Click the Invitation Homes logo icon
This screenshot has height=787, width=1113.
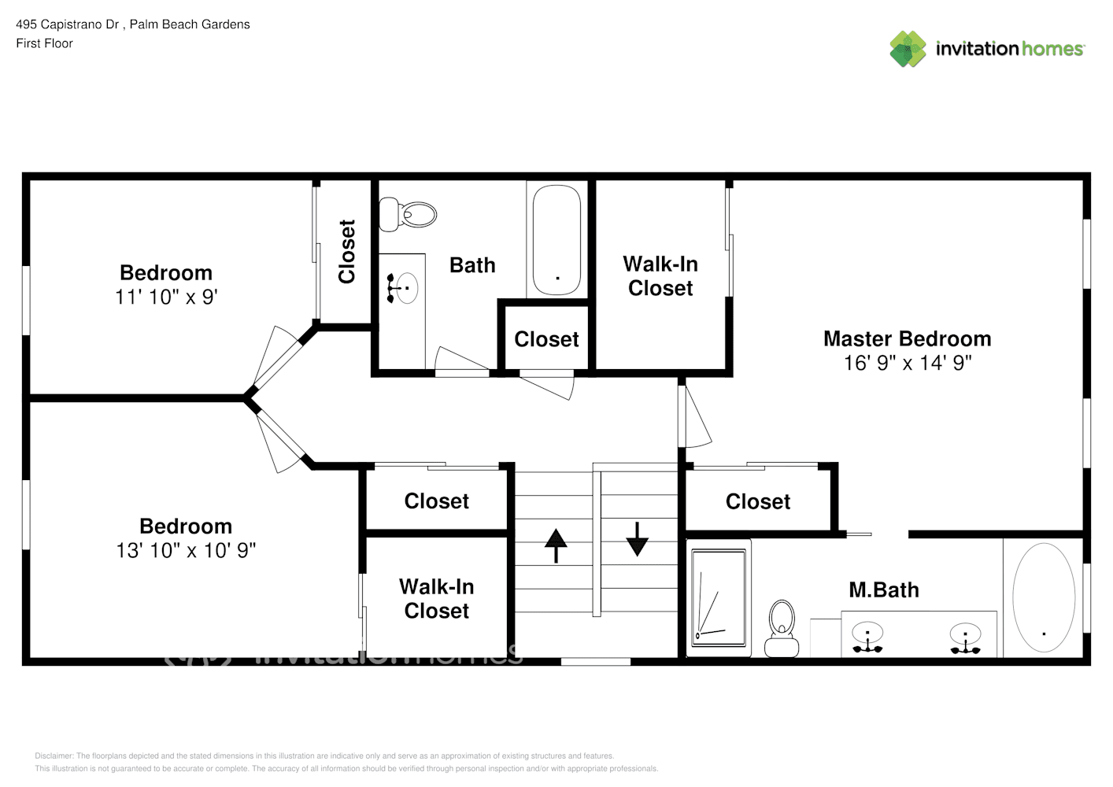pyautogui.click(x=908, y=49)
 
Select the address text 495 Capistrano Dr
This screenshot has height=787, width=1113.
pyautogui.click(x=68, y=24)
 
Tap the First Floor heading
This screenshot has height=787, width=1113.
pyautogui.click(x=44, y=43)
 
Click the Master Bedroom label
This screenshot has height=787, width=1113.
pyautogui.click(x=907, y=338)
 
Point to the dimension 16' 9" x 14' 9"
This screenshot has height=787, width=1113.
pyautogui.click(x=907, y=363)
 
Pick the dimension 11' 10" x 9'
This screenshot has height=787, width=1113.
pyautogui.click(x=166, y=297)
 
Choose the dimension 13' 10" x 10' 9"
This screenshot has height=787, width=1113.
pyautogui.click(x=186, y=550)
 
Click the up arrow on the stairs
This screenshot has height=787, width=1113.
pyautogui.click(x=556, y=545)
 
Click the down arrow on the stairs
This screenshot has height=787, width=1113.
pyautogui.click(x=637, y=539)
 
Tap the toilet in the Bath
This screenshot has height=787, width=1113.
pyautogui.click(x=408, y=214)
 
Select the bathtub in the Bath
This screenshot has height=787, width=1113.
pyautogui.click(x=556, y=239)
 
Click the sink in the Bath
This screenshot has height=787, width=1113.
pyautogui.click(x=403, y=288)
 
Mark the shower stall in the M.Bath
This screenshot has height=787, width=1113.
pyautogui.click(x=718, y=597)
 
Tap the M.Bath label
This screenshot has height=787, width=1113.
pyautogui.click(x=883, y=589)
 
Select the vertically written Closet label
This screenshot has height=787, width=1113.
pyautogui.click(x=346, y=251)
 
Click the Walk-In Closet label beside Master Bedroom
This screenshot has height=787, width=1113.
pyautogui.click(x=660, y=276)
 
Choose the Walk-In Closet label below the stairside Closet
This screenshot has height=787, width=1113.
pyautogui.click(x=436, y=599)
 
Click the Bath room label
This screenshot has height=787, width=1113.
pyautogui.click(x=472, y=265)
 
